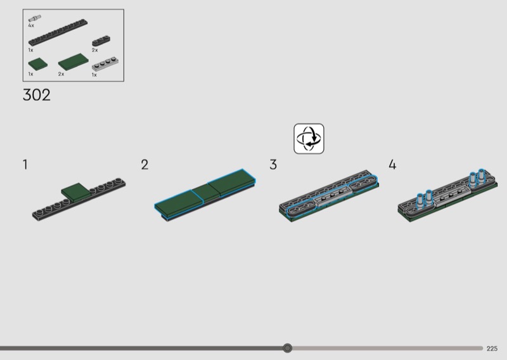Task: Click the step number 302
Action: pyautogui.click(x=37, y=95)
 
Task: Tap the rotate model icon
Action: pyautogui.click(x=309, y=138)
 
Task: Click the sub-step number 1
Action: pyautogui.click(x=25, y=165)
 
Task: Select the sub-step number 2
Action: pyautogui.click(x=144, y=165)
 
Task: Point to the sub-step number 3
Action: pyautogui.click(x=273, y=165)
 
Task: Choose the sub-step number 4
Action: pyautogui.click(x=392, y=165)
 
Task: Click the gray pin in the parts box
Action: pyautogui.click(x=34, y=18)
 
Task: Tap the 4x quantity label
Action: pyautogui.click(x=31, y=25)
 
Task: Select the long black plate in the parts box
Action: pyautogui.click(x=58, y=32)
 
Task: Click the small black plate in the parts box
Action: pyautogui.click(x=101, y=41)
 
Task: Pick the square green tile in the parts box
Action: pyautogui.click(x=38, y=63)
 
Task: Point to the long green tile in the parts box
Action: pyautogui.click(x=73, y=62)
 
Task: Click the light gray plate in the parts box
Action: pyautogui.click(x=105, y=64)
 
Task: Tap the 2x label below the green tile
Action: pyautogui.click(x=61, y=74)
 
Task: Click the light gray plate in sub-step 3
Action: pyautogui.click(x=332, y=196)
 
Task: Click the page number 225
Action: pyautogui.click(x=492, y=349)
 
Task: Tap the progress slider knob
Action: pyautogui.click(x=287, y=348)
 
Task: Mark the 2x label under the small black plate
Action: pyautogui.click(x=94, y=50)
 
